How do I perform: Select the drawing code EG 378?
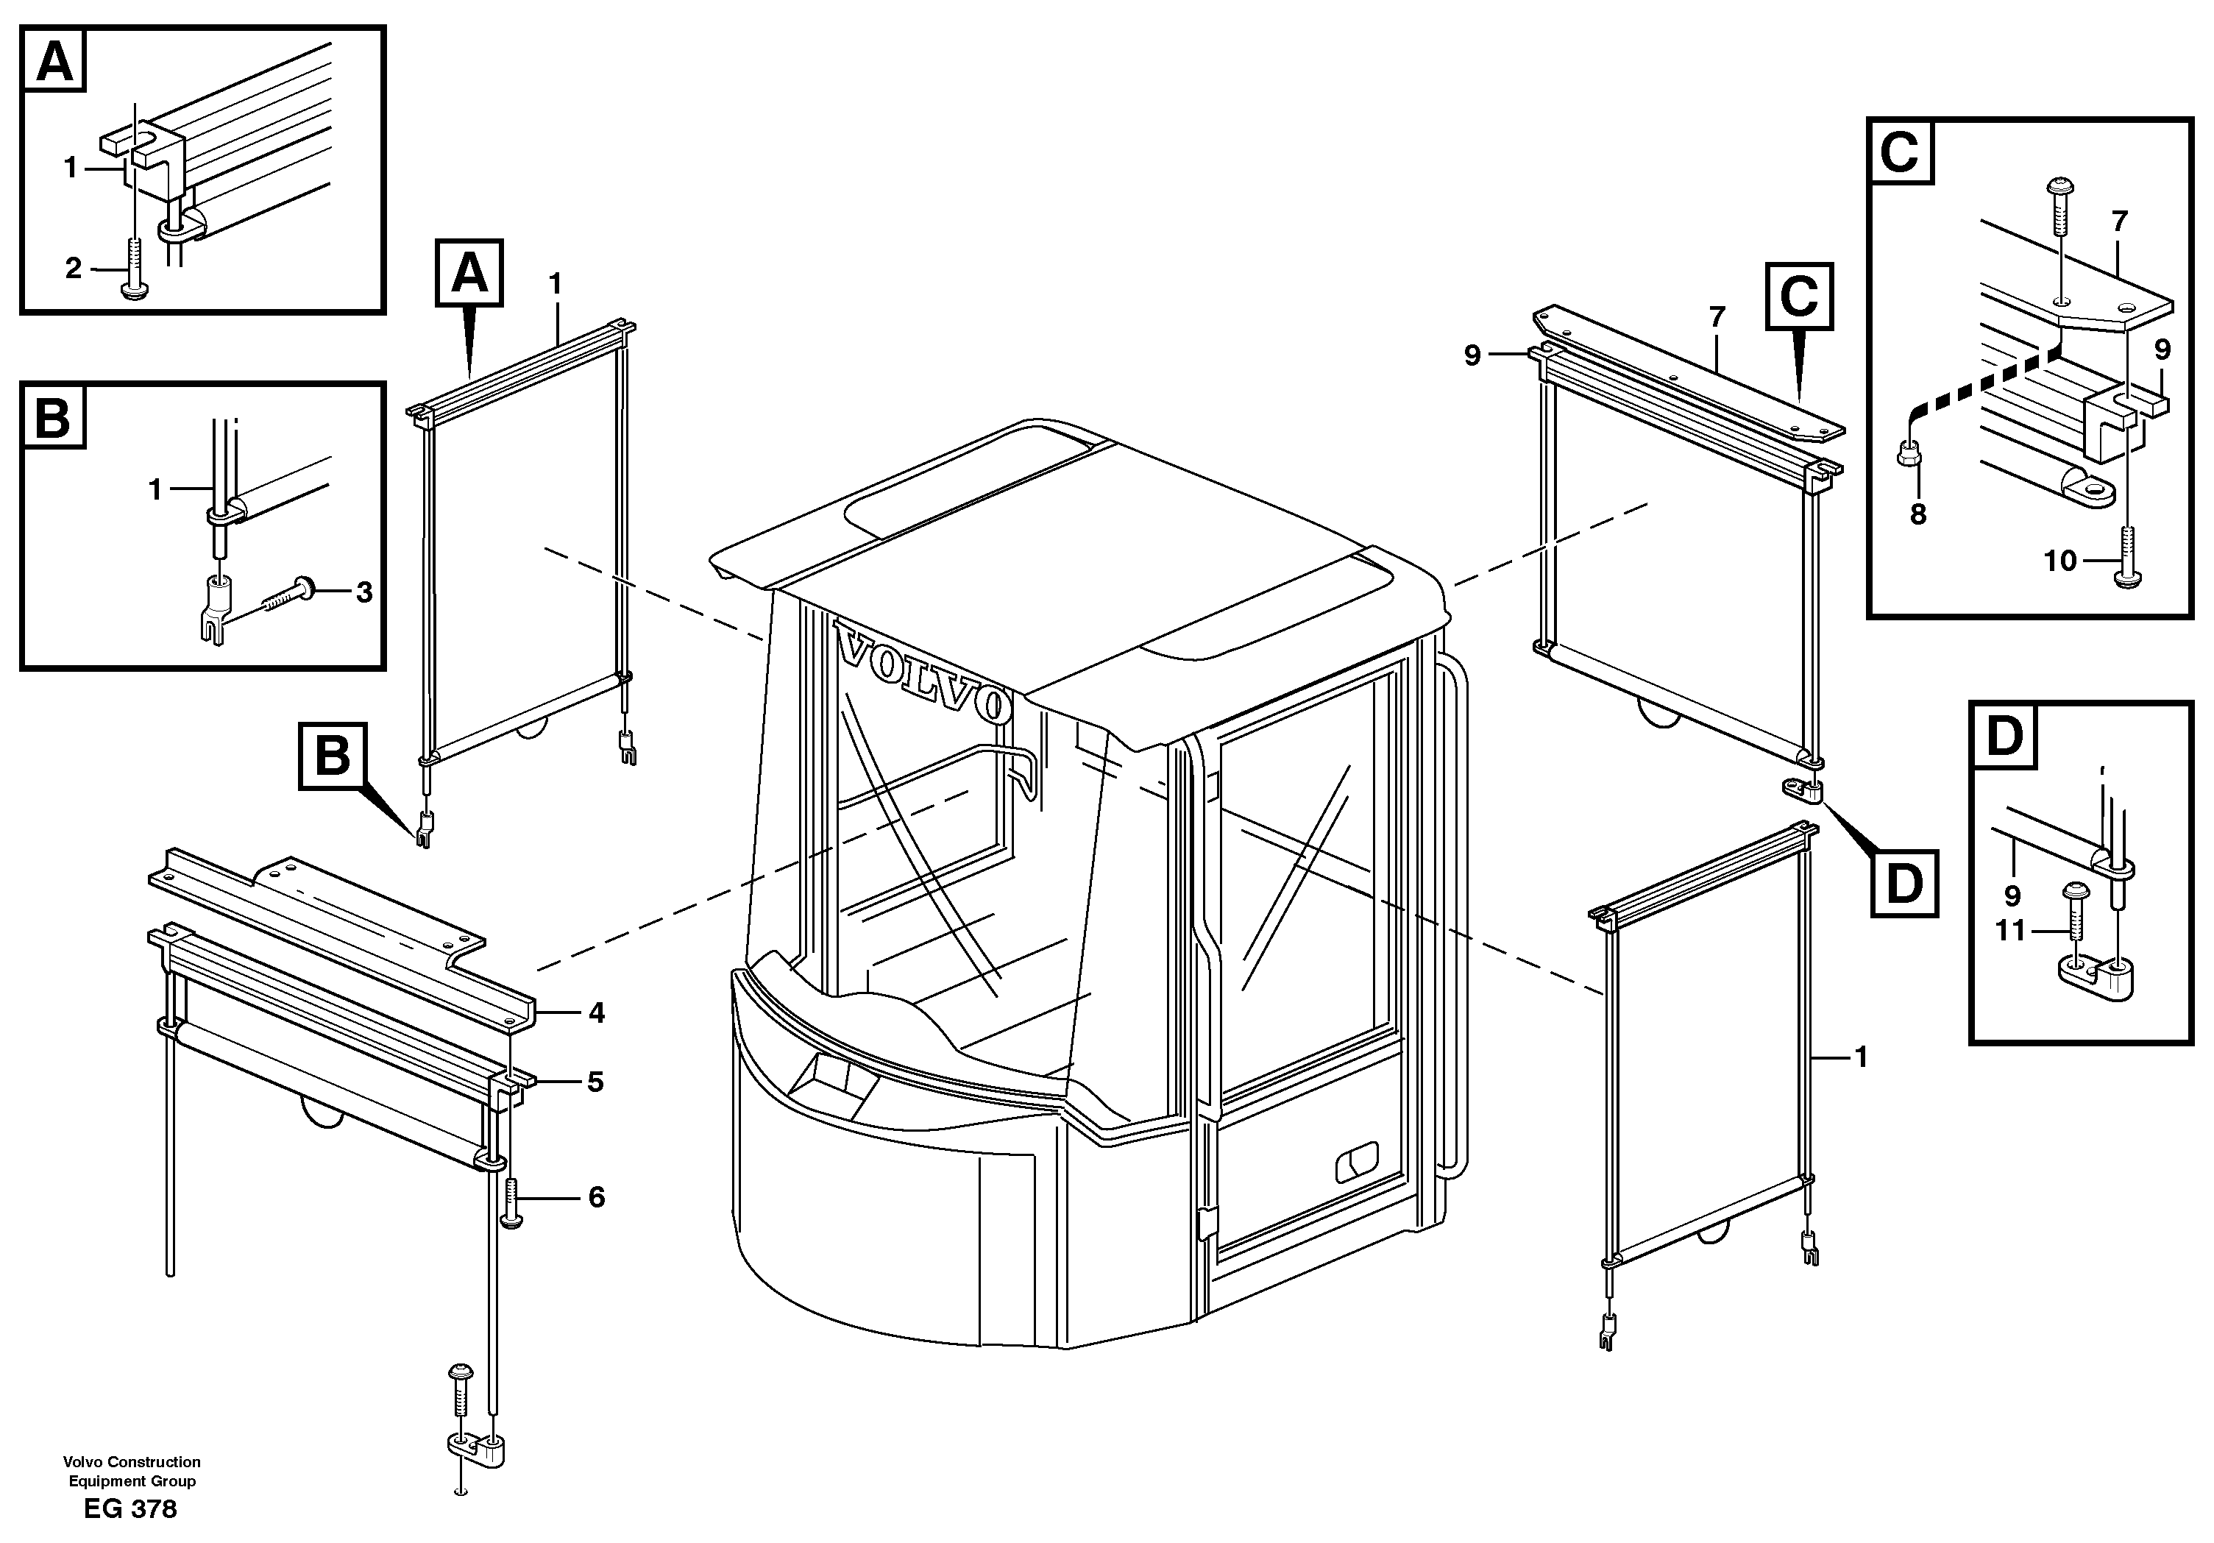pyautogui.click(x=130, y=1509)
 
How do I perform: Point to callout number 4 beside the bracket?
pyautogui.click(x=596, y=1012)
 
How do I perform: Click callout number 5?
pyautogui.click(x=595, y=1082)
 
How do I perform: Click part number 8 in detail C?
pyautogui.click(x=1918, y=514)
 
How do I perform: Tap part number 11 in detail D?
pyautogui.click(x=2010, y=932)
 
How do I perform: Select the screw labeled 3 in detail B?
pyautogui.click(x=285, y=593)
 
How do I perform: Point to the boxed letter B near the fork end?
pyautogui.click(x=332, y=755)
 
